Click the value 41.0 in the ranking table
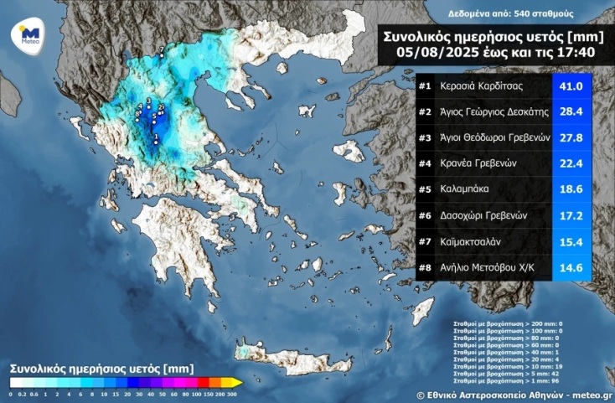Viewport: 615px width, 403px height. tap(571, 86)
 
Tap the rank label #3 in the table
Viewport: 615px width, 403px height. tap(425, 138)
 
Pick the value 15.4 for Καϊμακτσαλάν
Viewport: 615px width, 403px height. tap(571, 243)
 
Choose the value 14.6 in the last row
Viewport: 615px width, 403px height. tap(571, 269)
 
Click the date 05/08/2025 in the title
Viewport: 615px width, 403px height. tap(428, 53)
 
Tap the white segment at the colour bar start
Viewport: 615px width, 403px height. tap(13, 383)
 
